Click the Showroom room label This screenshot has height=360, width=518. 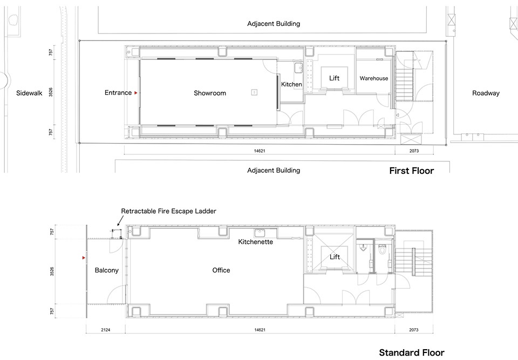tap(210, 93)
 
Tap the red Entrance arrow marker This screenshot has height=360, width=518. tap(135, 93)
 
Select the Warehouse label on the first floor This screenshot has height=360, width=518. tap(373, 78)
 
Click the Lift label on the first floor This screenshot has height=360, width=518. tap(334, 78)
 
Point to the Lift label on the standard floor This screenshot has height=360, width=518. tap(335, 257)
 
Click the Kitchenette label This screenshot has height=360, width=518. tap(255, 242)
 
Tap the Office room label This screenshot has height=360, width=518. tap(221, 270)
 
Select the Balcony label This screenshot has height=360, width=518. tap(106, 270)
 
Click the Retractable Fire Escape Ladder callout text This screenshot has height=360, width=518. tap(168, 211)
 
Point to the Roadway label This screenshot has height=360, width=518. tap(486, 93)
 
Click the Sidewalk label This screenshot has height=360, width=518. tap(29, 93)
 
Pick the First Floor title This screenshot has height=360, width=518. tap(411, 171)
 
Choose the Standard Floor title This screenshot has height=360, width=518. tap(412, 352)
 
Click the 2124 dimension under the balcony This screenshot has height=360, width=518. tap(105, 330)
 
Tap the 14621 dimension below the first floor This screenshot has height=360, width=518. tap(260, 151)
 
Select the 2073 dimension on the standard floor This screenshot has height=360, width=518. tap(414, 330)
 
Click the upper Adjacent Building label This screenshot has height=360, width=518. tap(274, 24)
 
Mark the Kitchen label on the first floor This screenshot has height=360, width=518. tap(291, 84)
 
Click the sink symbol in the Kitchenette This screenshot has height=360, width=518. tap(259, 232)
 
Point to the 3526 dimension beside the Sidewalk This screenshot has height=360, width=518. tap(51, 92)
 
